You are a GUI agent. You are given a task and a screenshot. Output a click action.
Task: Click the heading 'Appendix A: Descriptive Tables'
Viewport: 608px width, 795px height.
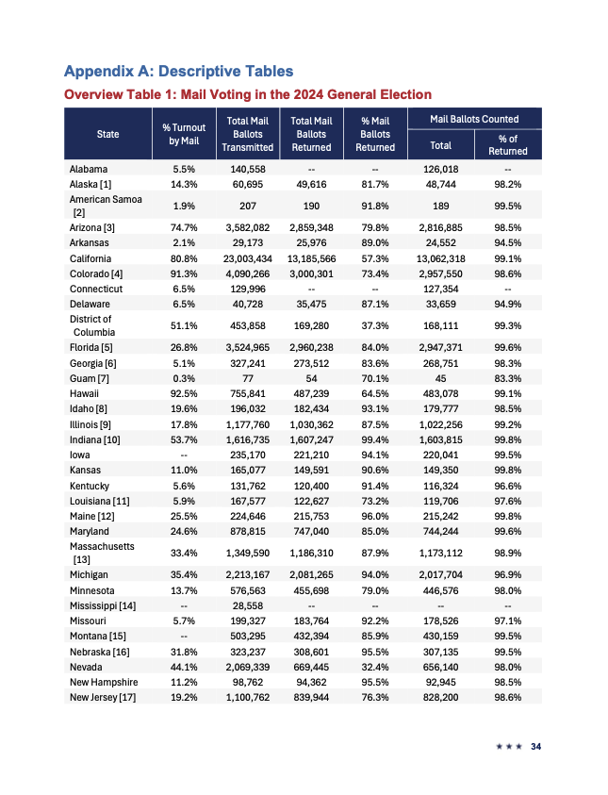point(178,71)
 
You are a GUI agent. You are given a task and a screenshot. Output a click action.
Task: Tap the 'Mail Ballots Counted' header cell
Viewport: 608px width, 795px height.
point(474,119)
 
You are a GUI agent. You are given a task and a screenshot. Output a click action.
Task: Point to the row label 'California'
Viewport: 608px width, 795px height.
point(90,258)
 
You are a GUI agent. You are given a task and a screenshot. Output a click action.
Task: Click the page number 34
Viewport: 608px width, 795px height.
point(536,747)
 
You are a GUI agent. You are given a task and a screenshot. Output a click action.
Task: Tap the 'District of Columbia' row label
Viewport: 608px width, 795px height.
point(90,325)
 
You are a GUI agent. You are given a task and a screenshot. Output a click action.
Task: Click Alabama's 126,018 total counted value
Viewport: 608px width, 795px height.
point(441,169)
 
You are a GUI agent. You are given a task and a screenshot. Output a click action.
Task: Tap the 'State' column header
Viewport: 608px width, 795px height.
point(108,134)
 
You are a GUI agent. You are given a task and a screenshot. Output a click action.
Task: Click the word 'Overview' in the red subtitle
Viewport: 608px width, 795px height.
point(96,94)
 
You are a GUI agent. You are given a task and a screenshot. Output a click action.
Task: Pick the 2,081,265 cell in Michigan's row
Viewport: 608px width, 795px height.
point(311,573)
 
